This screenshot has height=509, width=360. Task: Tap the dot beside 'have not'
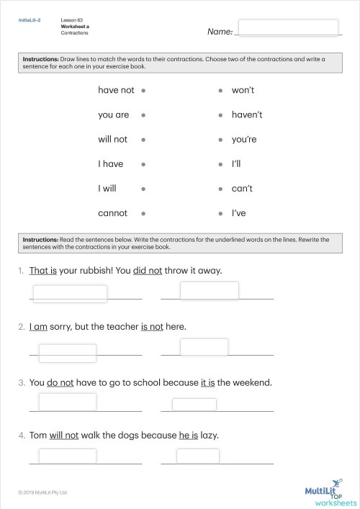144,91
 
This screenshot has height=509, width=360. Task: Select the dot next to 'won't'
220,91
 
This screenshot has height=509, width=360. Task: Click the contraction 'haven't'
247,114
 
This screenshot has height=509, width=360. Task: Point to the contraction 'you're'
244,139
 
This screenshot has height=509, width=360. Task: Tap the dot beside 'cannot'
144,213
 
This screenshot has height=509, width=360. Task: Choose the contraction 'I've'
239,213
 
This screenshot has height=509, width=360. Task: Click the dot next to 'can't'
220,189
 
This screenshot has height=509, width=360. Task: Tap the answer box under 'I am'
67,353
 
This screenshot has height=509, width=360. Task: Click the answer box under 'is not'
204,347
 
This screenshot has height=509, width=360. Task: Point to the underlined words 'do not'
60,382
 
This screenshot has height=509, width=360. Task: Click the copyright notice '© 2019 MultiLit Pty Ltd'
42,492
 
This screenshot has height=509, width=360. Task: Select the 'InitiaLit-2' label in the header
30,20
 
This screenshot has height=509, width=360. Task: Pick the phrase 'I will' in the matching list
110,189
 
